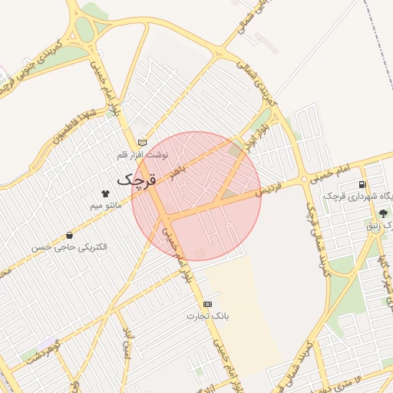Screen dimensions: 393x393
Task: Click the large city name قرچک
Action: pyautogui.click(x=138, y=180)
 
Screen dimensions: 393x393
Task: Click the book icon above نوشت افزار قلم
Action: pyautogui.click(x=141, y=142)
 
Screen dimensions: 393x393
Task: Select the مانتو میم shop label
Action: pyautogui.click(x=105, y=206)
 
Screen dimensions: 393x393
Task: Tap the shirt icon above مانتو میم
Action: pyautogui.click(x=105, y=193)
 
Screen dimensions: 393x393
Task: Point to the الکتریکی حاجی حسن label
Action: pyautogui.click(x=69, y=248)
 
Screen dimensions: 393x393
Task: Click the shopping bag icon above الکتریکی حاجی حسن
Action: pyautogui.click(x=71, y=236)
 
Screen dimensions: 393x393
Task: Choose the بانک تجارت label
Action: pyautogui.click(x=208, y=316)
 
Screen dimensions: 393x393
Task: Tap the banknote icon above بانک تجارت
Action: pyautogui.click(x=208, y=304)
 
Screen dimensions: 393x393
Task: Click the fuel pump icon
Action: pyautogui.click(x=362, y=185)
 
